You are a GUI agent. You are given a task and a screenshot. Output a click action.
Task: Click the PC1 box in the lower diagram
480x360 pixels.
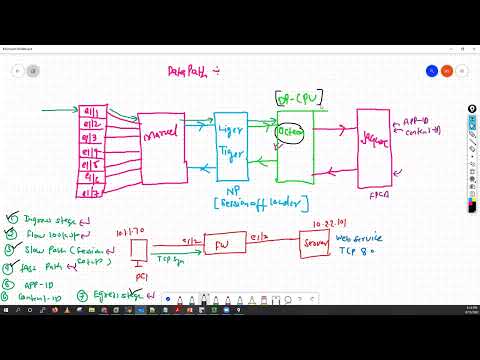pyautogui.click(x=139, y=247)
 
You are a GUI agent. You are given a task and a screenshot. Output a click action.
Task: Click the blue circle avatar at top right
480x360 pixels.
pyautogui.click(x=432, y=71)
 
